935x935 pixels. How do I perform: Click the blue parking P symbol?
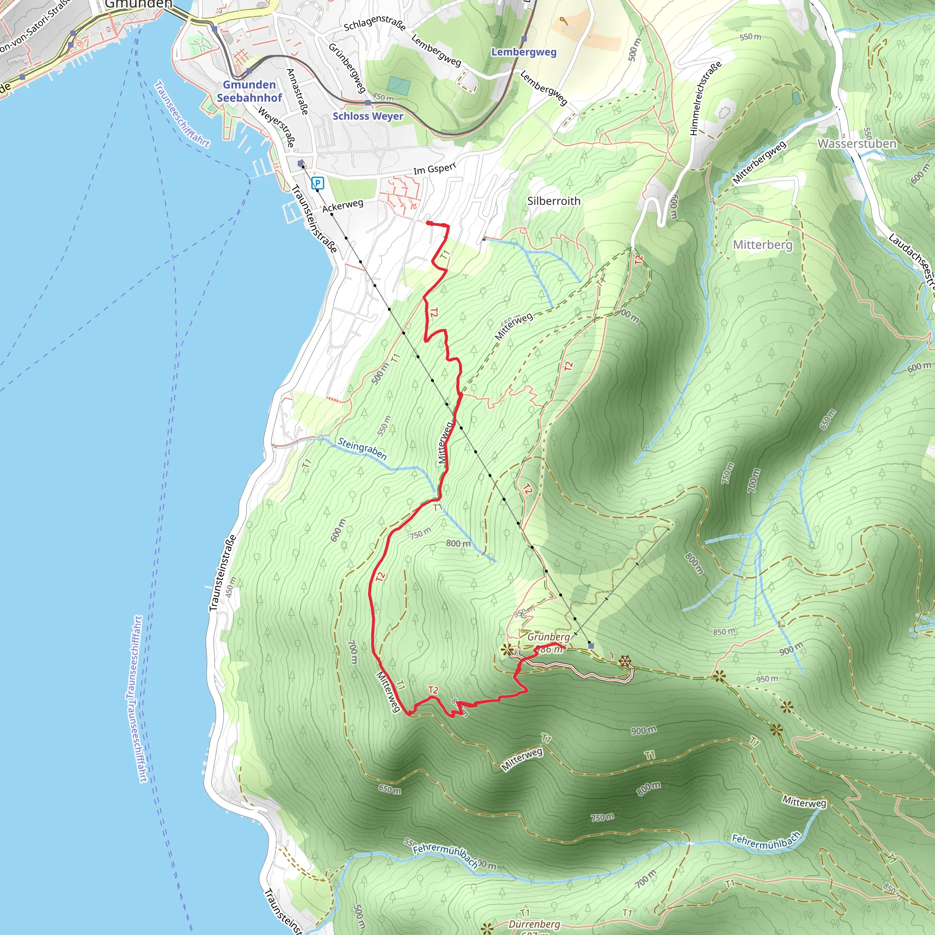click(x=317, y=183)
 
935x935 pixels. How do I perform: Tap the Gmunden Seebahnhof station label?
click(x=249, y=91)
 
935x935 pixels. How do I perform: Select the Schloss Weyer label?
click(x=368, y=116)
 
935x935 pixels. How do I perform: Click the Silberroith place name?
click(x=554, y=201)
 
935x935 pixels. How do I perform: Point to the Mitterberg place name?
click(x=763, y=244)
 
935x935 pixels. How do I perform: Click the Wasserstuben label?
click(x=856, y=144)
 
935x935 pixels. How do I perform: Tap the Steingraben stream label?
click(x=362, y=448)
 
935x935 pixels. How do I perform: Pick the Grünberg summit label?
click(x=548, y=637)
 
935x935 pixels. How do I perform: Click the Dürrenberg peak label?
click(x=534, y=924)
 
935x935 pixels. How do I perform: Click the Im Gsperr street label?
click(x=435, y=169)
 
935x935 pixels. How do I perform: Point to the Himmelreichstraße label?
click(x=706, y=99)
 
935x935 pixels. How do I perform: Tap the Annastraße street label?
click(x=298, y=91)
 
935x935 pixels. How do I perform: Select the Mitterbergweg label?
click(x=759, y=163)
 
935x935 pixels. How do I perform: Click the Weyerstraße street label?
click(x=276, y=127)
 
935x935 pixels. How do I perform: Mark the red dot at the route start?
click(x=429, y=223)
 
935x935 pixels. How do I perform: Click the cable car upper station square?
click(x=591, y=646)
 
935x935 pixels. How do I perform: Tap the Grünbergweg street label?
click(x=347, y=68)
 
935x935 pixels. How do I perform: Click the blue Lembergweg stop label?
click(x=524, y=52)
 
